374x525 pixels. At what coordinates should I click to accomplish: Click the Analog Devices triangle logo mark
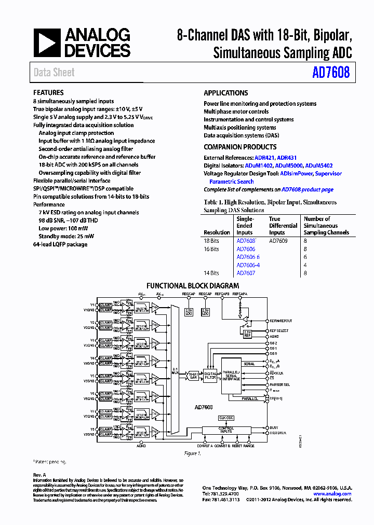pos(47,43)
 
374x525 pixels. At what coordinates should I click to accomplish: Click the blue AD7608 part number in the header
pos(331,73)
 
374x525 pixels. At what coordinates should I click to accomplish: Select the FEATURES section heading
pos(48,93)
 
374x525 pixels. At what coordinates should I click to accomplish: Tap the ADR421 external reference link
pos(265,158)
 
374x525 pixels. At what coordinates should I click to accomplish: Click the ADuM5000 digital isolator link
pos(289,165)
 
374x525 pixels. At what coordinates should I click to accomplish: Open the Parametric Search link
pos(231,182)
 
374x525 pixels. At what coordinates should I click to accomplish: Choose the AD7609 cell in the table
pos(278,241)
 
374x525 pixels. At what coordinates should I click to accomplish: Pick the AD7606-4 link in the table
pos(248,265)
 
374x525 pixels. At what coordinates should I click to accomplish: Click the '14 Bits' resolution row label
pos(211,273)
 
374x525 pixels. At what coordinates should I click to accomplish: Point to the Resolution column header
pos(217,232)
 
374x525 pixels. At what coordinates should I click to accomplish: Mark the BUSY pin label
pos(274,428)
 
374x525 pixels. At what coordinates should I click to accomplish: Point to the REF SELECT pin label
pos(278,330)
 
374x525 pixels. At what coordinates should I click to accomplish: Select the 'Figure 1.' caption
pos(193,453)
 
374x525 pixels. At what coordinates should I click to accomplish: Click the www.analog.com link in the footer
pos(332,494)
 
